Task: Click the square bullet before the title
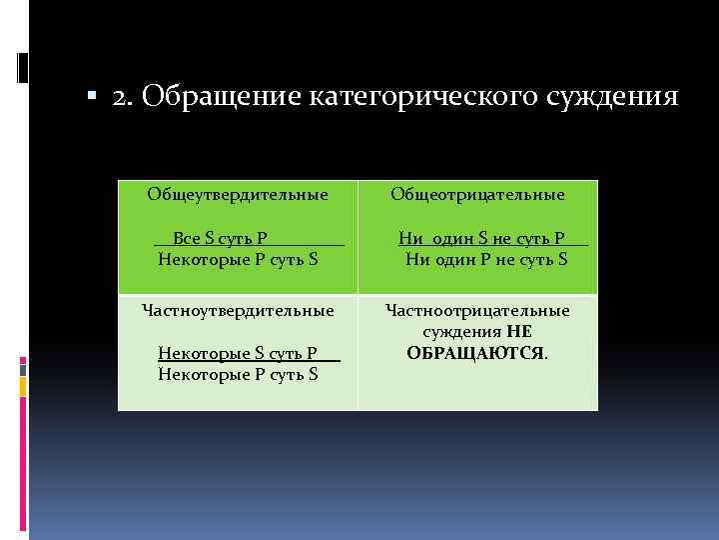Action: pos(91,98)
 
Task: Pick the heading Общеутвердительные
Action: pos(238,193)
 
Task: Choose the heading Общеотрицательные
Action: pos(477,194)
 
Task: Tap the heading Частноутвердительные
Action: pos(238,310)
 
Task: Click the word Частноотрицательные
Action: pos(477,310)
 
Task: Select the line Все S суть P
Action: pos(220,238)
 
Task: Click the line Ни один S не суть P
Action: pos(481,238)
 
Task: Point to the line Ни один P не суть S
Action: pos(486,259)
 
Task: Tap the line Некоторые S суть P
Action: pos(238,353)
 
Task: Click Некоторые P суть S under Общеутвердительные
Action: pos(238,259)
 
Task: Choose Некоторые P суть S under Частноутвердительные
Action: pos(238,374)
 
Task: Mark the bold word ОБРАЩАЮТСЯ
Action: pos(475,353)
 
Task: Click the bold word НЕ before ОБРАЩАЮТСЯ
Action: pos(518,332)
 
